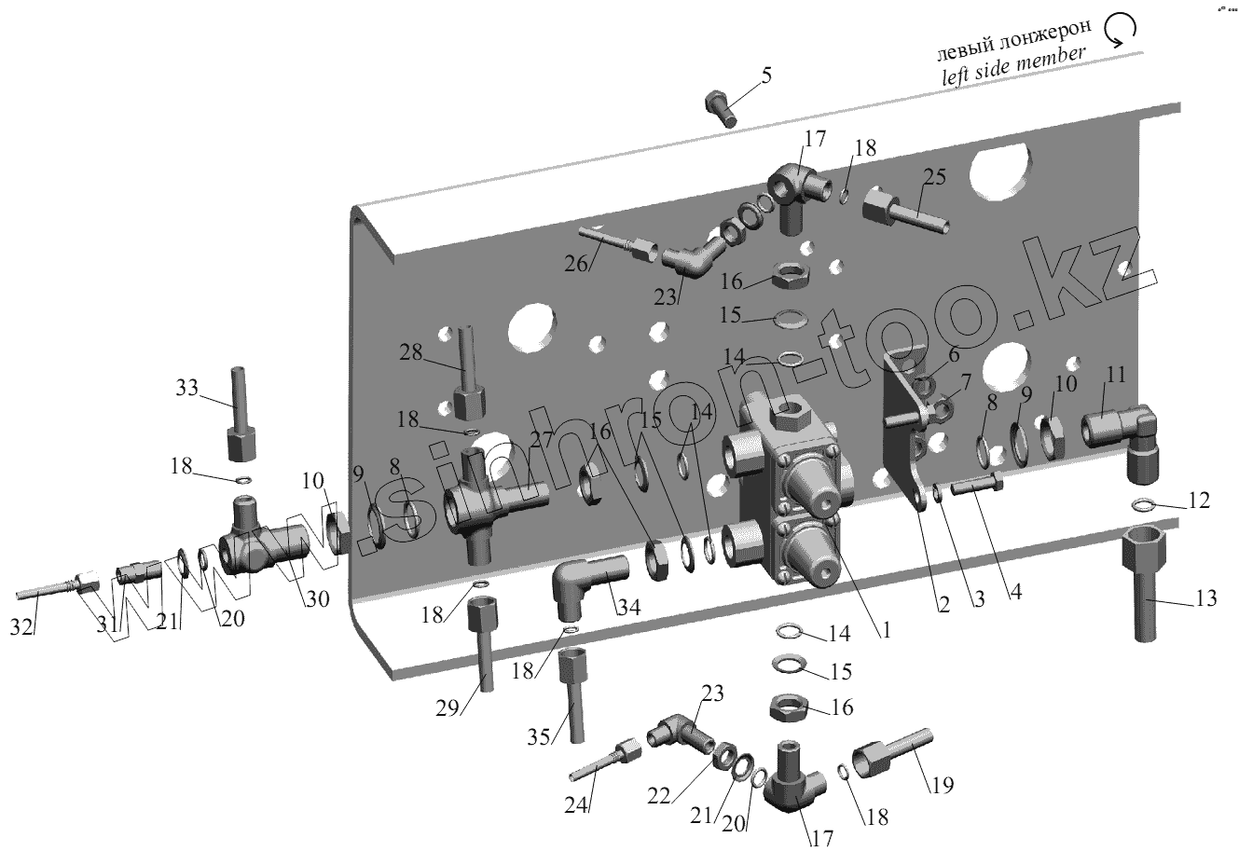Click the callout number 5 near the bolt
(x=765, y=76)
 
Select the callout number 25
(x=935, y=177)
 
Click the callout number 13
(x=1205, y=597)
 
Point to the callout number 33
(x=187, y=387)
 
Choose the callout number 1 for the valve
(x=885, y=630)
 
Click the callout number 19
(x=942, y=785)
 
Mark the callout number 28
(x=411, y=353)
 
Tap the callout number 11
(x=1116, y=375)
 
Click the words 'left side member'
(x=1012, y=67)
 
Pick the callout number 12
(x=1198, y=501)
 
